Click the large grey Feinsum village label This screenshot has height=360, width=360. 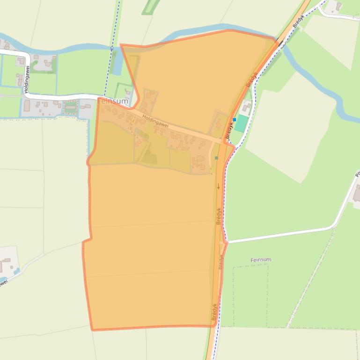point(113,101)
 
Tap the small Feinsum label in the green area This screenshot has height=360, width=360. point(261,259)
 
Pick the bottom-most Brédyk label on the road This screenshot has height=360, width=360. point(214,311)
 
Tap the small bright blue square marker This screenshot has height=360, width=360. point(235,120)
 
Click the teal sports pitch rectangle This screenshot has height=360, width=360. point(242,124)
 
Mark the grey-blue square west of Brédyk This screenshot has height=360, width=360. point(216,158)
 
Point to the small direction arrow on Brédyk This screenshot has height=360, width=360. point(218,186)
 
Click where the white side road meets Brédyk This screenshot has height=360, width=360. point(226,242)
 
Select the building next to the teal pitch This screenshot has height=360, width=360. point(246,108)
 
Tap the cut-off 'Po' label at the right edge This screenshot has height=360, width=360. point(357,174)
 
